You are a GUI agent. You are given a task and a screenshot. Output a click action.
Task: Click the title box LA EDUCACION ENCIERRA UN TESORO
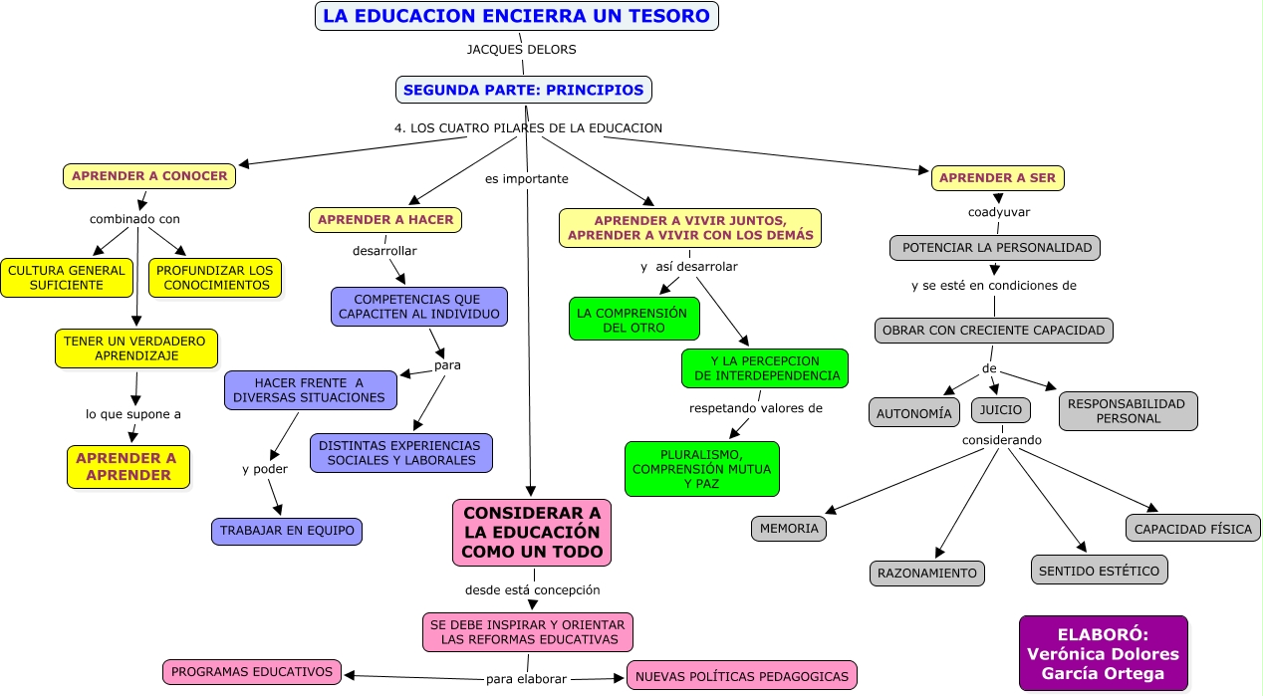click(x=516, y=16)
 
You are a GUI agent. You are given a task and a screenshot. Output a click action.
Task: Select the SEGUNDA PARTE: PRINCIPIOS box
click(x=524, y=90)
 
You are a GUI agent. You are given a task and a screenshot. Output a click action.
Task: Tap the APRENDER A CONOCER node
click(x=149, y=176)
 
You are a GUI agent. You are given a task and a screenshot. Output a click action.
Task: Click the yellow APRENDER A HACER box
click(x=384, y=220)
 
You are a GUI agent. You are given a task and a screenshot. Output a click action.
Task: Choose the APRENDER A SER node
click(x=998, y=178)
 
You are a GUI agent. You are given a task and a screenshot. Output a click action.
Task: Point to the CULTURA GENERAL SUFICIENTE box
click(x=67, y=278)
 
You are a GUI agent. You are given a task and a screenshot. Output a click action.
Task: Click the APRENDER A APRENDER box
click(x=128, y=466)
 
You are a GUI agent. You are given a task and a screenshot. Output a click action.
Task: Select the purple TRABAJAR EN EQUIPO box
click(x=287, y=531)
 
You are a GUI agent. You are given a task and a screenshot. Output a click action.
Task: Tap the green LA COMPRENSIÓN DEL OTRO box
click(x=633, y=319)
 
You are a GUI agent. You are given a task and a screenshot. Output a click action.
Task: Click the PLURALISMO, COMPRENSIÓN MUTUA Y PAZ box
click(x=701, y=468)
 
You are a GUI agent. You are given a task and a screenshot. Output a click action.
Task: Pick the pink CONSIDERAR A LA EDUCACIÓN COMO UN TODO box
click(x=531, y=532)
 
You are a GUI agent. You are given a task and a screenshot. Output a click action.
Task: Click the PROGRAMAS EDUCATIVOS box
click(x=252, y=672)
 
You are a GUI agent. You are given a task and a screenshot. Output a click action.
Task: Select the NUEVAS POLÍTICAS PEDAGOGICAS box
click(x=741, y=676)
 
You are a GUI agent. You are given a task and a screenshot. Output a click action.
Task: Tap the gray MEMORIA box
click(x=789, y=529)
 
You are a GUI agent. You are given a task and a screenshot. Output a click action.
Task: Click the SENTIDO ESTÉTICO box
click(x=1099, y=571)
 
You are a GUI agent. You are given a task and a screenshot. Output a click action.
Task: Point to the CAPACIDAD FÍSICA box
click(x=1193, y=529)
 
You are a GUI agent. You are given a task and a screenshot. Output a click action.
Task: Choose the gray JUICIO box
click(x=1001, y=409)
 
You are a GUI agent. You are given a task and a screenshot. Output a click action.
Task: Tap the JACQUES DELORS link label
click(x=521, y=49)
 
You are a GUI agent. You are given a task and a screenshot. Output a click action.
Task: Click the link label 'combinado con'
click(x=134, y=219)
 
